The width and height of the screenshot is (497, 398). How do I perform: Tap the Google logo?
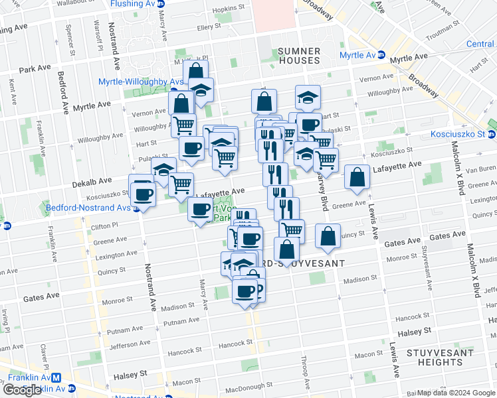point(22,390)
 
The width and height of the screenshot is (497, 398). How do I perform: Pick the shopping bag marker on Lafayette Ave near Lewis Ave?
point(357,177)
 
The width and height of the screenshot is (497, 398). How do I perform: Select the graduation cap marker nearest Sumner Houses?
point(308,98)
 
